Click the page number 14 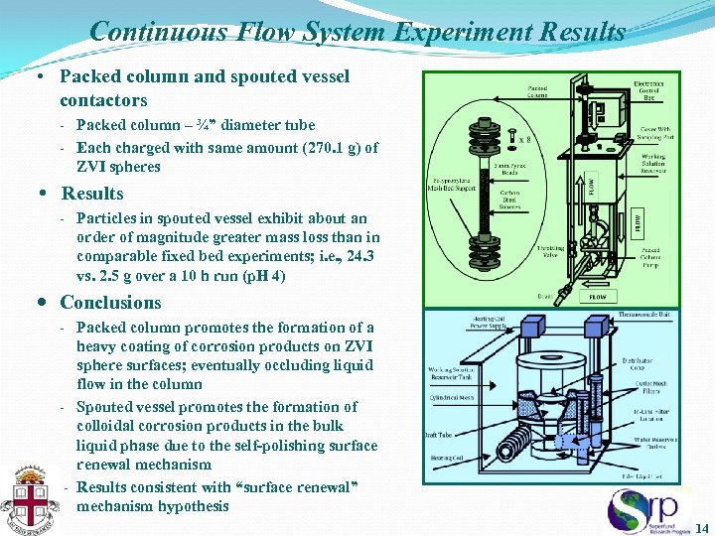coord(703,526)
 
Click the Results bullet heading coord(92,194)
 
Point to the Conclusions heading coord(110,303)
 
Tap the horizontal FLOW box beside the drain coord(598,296)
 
